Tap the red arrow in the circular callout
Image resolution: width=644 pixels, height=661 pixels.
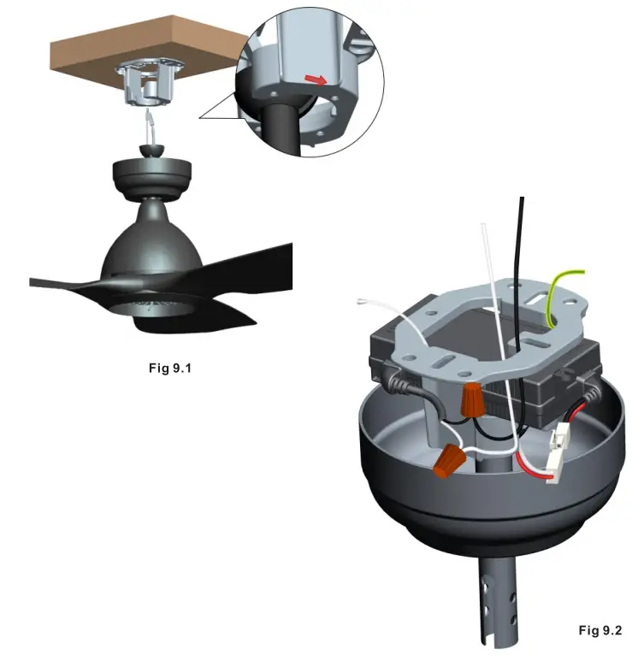pos(316,80)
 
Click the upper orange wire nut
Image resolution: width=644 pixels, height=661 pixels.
pos(470,398)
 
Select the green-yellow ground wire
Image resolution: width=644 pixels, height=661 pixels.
pos(558,295)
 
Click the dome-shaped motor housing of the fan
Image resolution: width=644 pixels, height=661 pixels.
pos(151,248)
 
